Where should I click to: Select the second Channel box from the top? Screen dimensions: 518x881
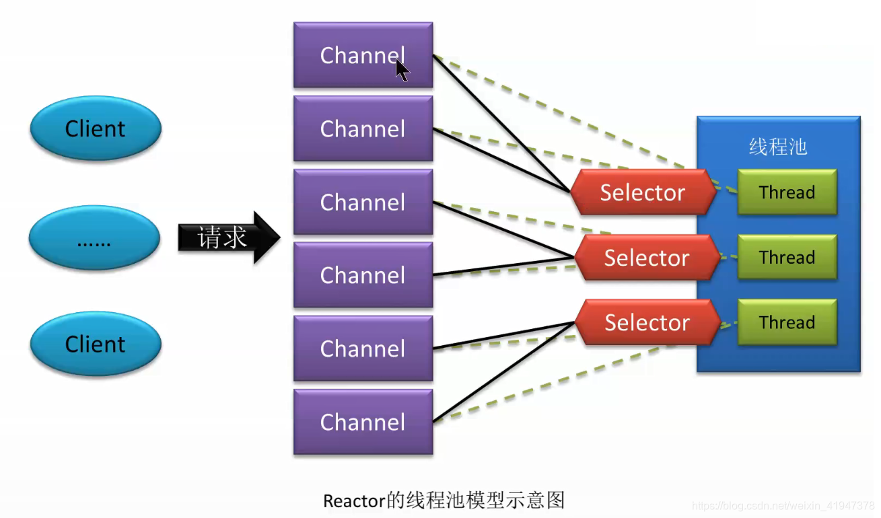pyautogui.click(x=363, y=128)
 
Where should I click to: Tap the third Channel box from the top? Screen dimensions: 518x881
pyautogui.click(x=363, y=202)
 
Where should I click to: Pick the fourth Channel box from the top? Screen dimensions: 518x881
pyautogui.click(x=363, y=275)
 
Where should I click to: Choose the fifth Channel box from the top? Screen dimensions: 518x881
pyautogui.click(x=363, y=348)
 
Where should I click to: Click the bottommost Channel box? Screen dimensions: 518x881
pyautogui.click(x=363, y=422)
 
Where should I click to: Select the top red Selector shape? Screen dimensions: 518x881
pyautogui.click(x=643, y=192)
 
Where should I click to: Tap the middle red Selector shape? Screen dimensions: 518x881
pyautogui.click(x=646, y=258)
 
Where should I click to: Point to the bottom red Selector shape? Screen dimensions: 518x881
pyautogui.click(x=647, y=322)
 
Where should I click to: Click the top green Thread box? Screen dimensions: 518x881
pyautogui.click(x=787, y=192)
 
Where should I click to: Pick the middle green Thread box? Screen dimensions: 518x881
pyautogui.click(x=787, y=257)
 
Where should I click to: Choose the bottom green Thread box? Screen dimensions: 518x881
pyautogui.click(x=787, y=322)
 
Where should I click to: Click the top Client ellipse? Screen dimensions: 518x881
pyautogui.click(x=95, y=128)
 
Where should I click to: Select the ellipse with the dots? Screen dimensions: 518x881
pyautogui.click(x=94, y=238)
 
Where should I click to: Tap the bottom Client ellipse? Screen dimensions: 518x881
pyautogui.click(x=95, y=344)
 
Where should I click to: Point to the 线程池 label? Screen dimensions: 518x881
pyautogui.click(x=778, y=147)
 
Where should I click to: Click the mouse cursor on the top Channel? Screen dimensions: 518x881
pyautogui.click(x=402, y=70)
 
